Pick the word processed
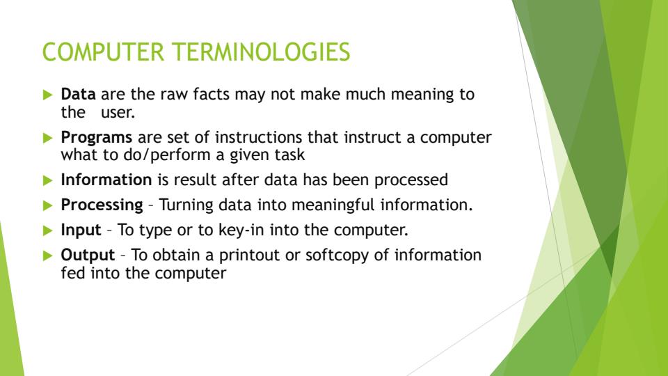(414, 180)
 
